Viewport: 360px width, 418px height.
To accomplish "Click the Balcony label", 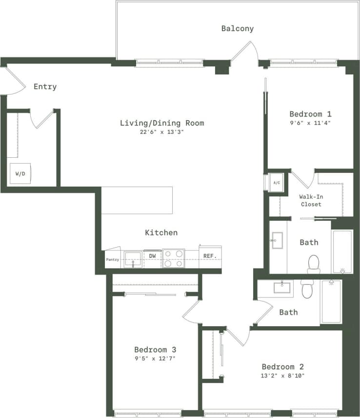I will (238, 28).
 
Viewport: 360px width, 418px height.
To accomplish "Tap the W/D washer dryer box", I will (20, 173).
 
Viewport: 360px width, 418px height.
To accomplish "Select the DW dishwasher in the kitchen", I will (152, 256).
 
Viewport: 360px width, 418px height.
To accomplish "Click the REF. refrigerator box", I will (210, 256).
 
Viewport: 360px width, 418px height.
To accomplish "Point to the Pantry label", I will (113, 259).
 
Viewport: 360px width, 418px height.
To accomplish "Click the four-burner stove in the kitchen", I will (173, 259).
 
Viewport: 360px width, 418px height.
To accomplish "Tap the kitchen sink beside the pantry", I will (133, 258).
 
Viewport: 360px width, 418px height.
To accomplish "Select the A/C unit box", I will (277, 183).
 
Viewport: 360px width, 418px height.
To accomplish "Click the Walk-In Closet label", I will (311, 200).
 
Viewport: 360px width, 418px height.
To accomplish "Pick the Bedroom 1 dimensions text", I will (310, 123).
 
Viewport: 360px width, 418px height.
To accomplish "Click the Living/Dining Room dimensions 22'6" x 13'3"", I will (161, 132).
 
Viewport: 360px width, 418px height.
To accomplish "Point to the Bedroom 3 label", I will (155, 350).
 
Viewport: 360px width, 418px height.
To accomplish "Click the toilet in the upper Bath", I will (313, 264).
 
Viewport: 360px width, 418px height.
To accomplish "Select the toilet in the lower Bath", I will (307, 289).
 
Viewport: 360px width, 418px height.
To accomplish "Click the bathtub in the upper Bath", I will (341, 251).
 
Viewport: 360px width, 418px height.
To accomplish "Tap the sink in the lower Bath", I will (282, 287).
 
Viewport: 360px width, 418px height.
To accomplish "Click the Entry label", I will (45, 86).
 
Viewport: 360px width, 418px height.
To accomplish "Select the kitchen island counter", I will (137, 200).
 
